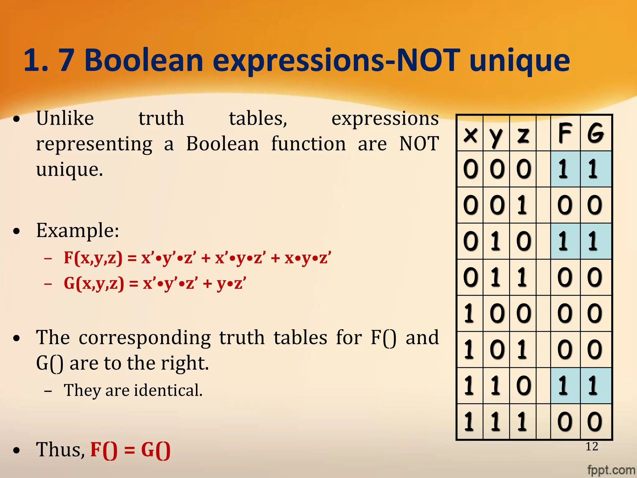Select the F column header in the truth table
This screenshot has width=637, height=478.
tap(565, 133)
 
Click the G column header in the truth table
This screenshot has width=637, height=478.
tap(595, 133)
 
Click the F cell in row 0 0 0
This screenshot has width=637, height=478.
tap(565, 169)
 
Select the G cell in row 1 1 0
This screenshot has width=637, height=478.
tap(595, 386)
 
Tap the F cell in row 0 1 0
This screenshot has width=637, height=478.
tap(565, 241)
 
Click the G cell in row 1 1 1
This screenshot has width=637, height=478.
tap(595, 422)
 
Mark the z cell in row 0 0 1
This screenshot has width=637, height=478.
tap(523, 205)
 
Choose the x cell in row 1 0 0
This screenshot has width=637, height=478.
tap(470, 313)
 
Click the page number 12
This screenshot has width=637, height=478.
tap(592, 447)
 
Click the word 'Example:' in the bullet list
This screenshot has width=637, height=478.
tap(77, 231)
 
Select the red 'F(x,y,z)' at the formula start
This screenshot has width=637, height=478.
tap(93, 258)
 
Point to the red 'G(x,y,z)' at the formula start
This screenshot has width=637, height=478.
tap(94, 284)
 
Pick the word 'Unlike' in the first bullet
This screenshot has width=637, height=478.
tap(65, 119)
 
